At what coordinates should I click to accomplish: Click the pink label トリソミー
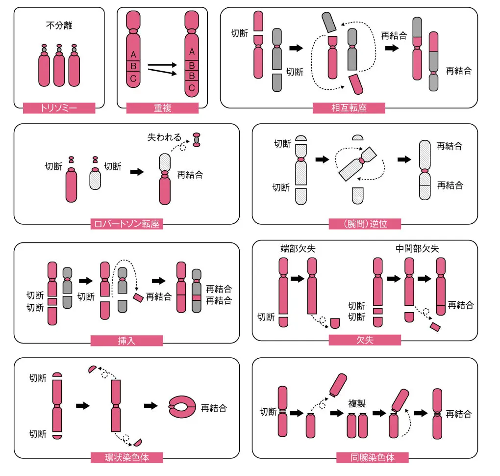click(59, 108)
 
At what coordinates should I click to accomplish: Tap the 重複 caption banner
click(162, 108)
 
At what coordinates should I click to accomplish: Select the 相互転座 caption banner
click(349, 108)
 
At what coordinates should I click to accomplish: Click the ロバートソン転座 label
click(126, 224)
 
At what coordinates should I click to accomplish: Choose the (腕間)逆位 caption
click(365, 224)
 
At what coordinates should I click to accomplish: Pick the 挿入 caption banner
click(126, 341)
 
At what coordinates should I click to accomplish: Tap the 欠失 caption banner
click(365, 340)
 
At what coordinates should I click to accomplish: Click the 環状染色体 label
click(126, 457)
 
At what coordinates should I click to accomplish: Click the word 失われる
click(164, 137)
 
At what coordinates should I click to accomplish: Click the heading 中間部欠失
click(417, 249)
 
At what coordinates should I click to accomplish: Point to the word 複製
click(357, 403)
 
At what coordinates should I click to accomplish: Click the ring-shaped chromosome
click(182, 407)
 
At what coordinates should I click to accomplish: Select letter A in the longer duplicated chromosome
click(192, 52)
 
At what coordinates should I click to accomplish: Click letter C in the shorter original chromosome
click(133, 78)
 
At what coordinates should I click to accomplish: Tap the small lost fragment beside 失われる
click(197, 139)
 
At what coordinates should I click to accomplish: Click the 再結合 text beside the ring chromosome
click(214, 408)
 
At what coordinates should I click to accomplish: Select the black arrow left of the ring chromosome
click(150, 406)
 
